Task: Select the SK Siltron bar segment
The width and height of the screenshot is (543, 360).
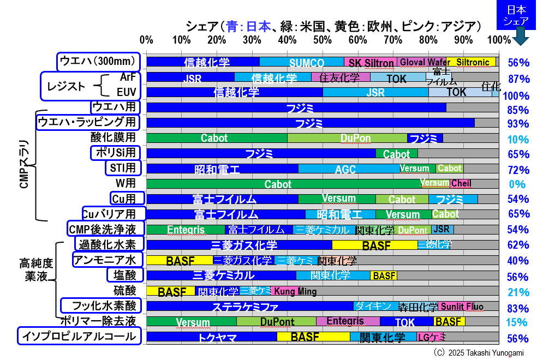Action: pos(371,62)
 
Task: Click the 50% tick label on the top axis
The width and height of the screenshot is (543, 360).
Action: pos(323,40)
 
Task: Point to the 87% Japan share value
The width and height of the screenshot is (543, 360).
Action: pos(518,79)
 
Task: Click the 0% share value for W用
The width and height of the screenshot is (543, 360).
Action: pos(518,184)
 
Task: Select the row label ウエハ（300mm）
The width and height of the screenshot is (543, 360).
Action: pos(99,62)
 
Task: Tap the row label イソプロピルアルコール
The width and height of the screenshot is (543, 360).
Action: pos(80,337)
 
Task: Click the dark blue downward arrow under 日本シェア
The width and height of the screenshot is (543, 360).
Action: pos(518,37)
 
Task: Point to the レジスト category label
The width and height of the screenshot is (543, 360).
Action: pos(67,86)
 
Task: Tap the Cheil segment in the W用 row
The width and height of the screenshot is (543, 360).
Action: pos(461,184)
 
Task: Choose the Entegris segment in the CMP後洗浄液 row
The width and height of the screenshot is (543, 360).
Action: pos(186,230)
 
